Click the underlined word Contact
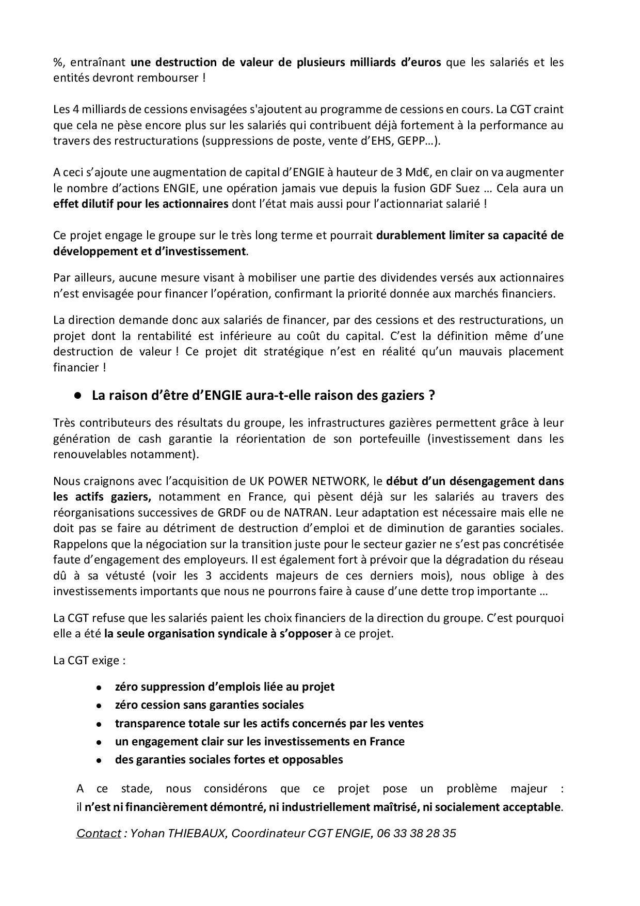pyautogui.click(x=98, y=833)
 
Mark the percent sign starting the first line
pyautogui.click(x=57, y=63)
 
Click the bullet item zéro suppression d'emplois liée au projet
pyautogui.click(x=225, y=686)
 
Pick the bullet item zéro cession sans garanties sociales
pyautogui.click(x=209, y=705)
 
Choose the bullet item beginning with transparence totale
pyautogui.click(x=269, y=723)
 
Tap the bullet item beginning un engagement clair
pyautogui.click(x=260, y=741)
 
